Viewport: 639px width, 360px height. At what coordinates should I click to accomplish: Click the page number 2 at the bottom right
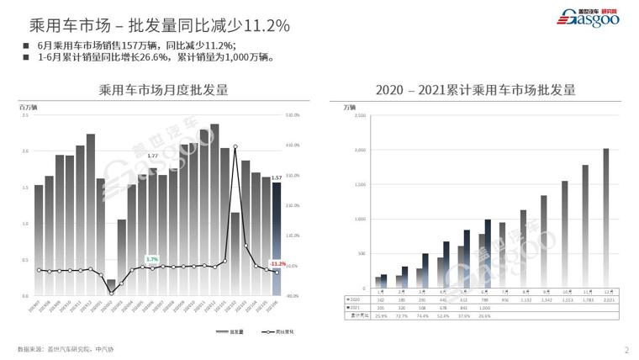pos(626,349)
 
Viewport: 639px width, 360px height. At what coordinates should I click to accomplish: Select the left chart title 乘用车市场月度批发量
pos(163,90)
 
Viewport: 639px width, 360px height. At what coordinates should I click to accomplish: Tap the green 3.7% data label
pos(152,258)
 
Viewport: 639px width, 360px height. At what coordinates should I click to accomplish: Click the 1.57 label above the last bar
pos(277,177)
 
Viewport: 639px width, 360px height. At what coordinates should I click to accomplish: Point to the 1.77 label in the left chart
pos(152,156)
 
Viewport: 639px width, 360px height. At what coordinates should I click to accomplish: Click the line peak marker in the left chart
pos(235,147)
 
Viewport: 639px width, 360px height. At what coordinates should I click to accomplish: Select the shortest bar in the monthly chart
pos(111,287)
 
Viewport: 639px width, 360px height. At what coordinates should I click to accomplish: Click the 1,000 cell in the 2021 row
pos(486,308)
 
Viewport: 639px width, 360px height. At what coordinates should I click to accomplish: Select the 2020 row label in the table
pos(353,299)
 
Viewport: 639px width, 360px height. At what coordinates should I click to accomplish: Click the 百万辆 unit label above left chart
pos(29,107)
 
